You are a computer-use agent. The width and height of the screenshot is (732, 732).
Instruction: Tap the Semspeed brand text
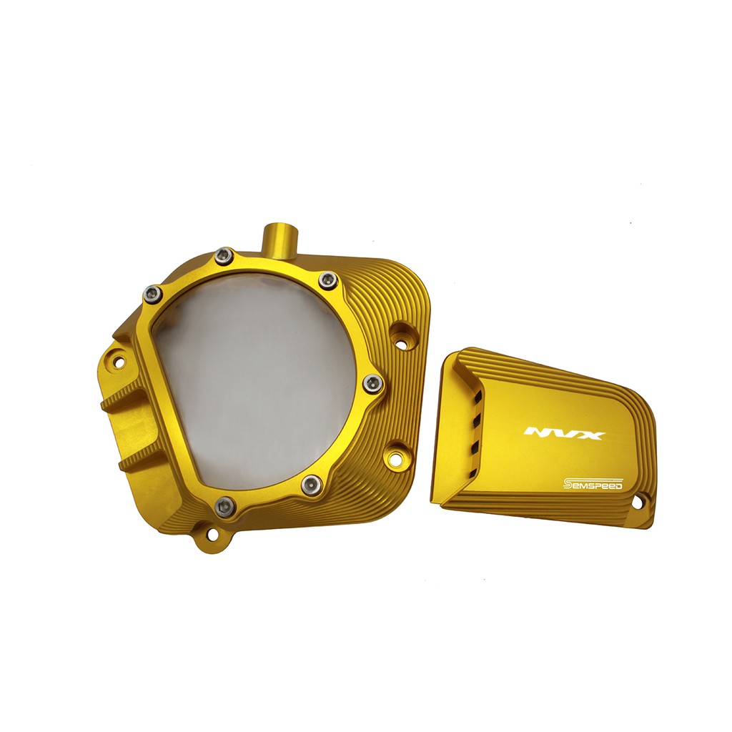[593, 484]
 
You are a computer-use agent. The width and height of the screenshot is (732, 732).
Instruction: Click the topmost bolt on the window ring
[224, 255]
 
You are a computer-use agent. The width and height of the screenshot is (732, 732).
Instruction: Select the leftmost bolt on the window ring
[152, 293]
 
